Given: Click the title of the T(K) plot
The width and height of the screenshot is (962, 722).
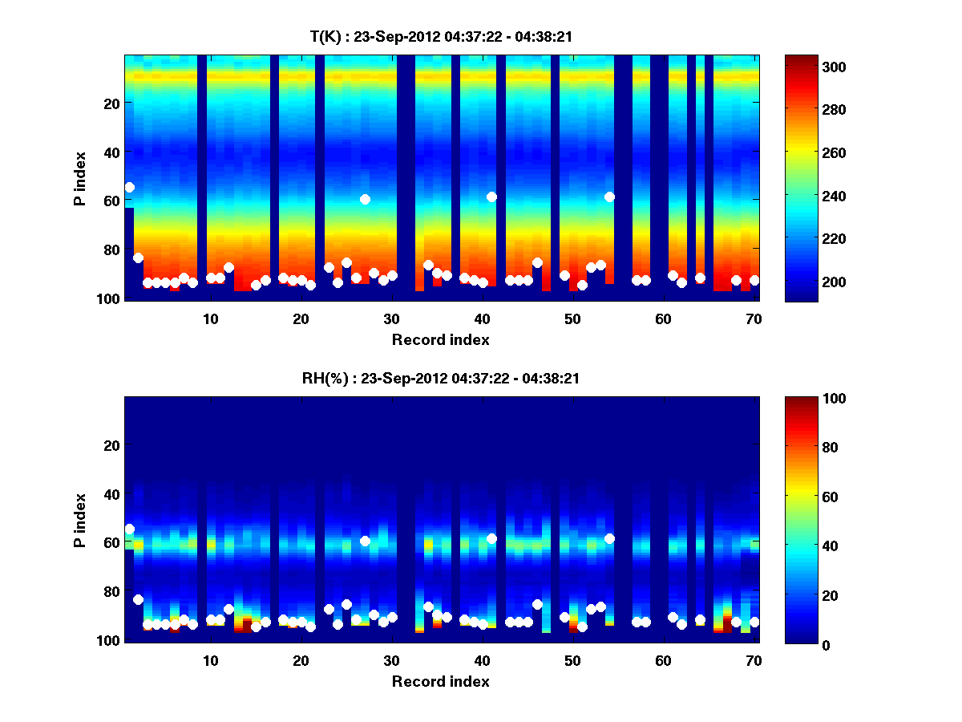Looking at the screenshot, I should (x=440, y=37).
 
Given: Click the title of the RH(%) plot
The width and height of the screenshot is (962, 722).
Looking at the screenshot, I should (x=440, y=379).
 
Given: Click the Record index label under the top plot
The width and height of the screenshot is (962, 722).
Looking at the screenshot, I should (x=440, y=339).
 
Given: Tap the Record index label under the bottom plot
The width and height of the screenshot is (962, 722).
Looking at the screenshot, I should (x=440, y=681).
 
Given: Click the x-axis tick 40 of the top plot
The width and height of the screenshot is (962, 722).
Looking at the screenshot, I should (x=482, y=318).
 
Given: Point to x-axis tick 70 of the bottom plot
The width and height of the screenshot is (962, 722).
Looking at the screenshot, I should (x=754, y=660).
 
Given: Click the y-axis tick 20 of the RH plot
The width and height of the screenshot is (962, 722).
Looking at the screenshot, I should (x=112, y=445).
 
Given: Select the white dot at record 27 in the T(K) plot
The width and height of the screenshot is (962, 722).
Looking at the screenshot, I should (x=365, y=199).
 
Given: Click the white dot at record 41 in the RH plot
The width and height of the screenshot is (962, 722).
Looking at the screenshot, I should (x=491, y=538).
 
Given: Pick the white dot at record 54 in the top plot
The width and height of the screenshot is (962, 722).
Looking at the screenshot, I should (x=609, y=197).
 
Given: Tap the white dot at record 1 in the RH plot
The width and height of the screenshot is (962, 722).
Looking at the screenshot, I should (x=130, y=529).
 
